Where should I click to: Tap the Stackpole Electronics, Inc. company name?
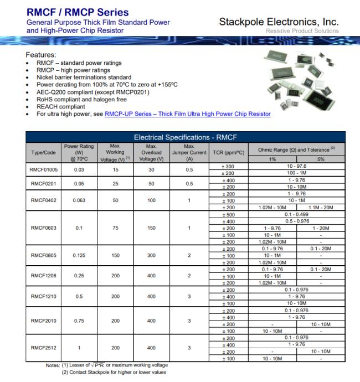pos(279,22)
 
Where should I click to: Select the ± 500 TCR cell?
pos(228,214)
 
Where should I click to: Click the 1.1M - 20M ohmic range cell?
pos(320,208)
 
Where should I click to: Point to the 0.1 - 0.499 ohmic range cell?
pos(296,214)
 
